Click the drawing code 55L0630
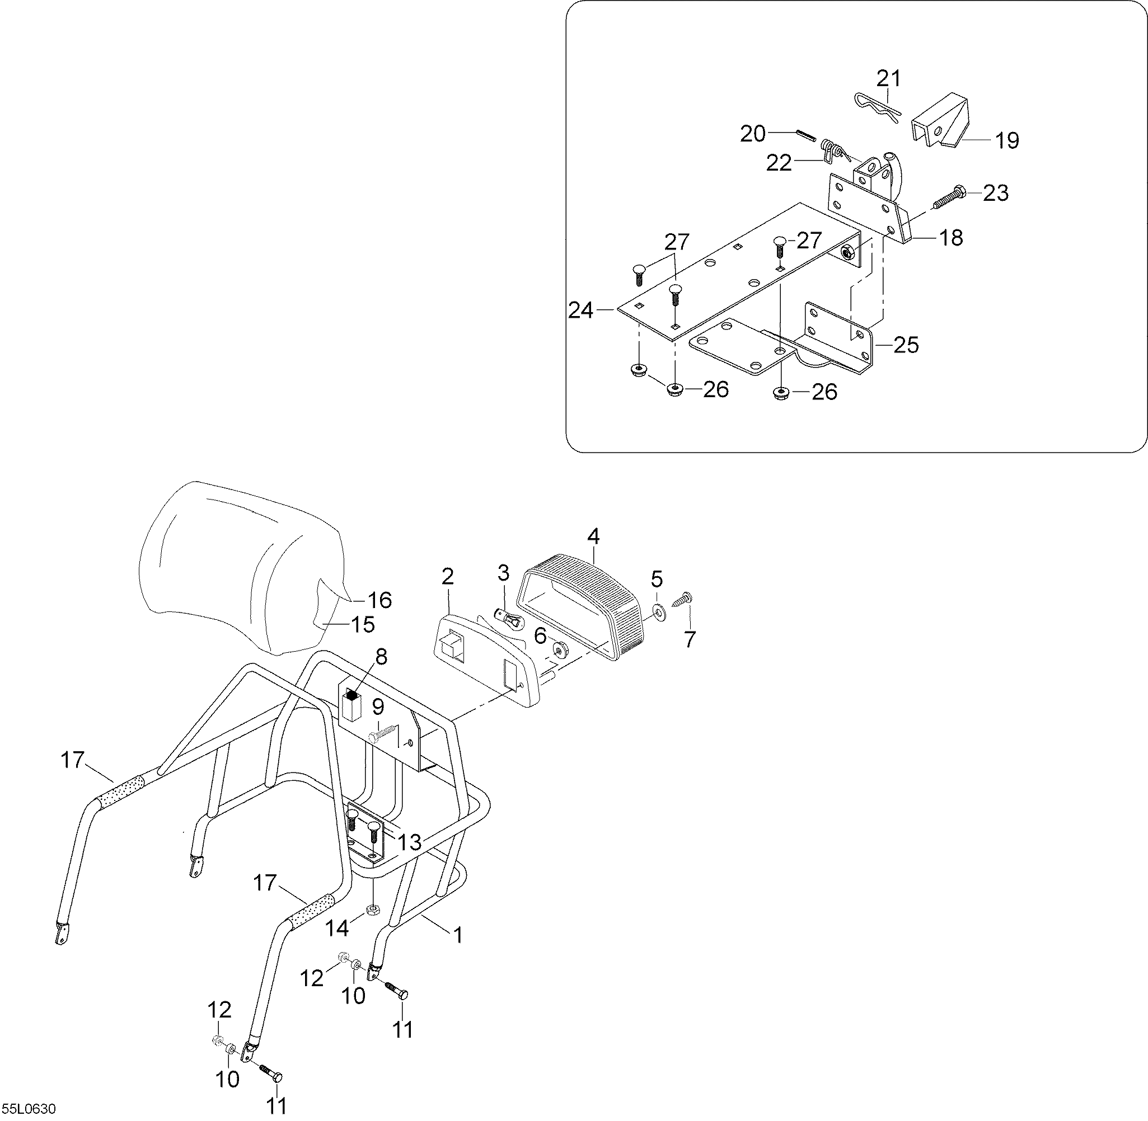tap(29, 1109)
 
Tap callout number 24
tap(581, 310)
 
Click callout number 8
tap(381, 657)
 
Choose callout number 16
tap(379, 600)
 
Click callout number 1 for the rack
tap(457, 934)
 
